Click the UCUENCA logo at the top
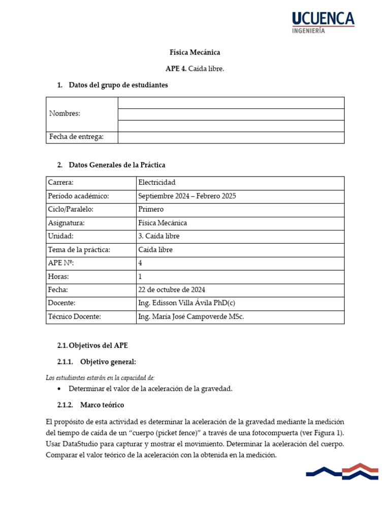[x=323, y=22]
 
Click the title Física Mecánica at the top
[x=195, y=52]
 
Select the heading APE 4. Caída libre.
[x=195, y=69]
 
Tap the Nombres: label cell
[x=64, y=113]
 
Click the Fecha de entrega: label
[x=76, y=137]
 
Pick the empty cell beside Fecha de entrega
[x=231, y=137]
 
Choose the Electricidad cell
[x=157, y=182]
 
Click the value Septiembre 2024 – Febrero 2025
[x=187, y=196]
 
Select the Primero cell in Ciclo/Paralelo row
[x=151, y=209]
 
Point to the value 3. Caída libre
[x=158, y=236]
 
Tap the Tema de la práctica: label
[x=79, y=250]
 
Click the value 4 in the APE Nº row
[x=140, y=263]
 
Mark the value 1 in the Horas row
[x=140, y=277]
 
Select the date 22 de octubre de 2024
[x=172, y=290]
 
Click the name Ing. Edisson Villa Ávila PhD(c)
[x=187, y=303]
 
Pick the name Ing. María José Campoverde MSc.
[x=191, y=317]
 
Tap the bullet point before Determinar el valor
[x=60, y=389]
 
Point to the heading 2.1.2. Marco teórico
[x=91, y=406]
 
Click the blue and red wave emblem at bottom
[x=342, y=472]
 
